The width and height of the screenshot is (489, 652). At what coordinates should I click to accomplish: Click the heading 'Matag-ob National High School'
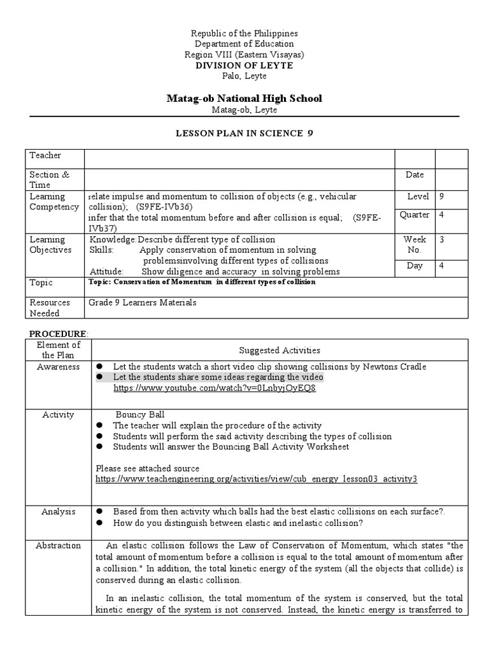[244, 98]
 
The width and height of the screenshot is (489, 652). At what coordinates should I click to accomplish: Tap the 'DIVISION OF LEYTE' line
[244, 66]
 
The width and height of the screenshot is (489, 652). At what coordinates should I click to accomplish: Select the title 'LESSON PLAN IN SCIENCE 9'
[244, 133]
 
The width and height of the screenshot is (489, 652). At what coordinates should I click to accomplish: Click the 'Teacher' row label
[45, 155]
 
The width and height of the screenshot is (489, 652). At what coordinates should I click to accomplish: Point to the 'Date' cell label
[415, 174]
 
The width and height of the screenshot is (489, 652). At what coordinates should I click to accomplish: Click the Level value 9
[442, 197]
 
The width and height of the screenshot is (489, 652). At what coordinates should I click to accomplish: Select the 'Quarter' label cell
[415, 215]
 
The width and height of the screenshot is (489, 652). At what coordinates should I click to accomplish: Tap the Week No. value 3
[442, 239]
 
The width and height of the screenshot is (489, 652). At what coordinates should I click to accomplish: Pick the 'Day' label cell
[415, 266]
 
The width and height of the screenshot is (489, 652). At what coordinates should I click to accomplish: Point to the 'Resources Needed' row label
[50, 308]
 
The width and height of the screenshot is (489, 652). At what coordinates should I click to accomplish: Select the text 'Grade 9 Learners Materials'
[142, 302]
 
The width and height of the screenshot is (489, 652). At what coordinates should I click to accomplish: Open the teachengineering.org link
[256, 478]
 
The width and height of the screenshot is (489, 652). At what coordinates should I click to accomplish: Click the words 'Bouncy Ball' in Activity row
[140, 415]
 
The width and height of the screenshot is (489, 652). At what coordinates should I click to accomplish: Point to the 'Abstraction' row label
[58, 545]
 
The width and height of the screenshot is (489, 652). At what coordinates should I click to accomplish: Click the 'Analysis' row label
[58, 511]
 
